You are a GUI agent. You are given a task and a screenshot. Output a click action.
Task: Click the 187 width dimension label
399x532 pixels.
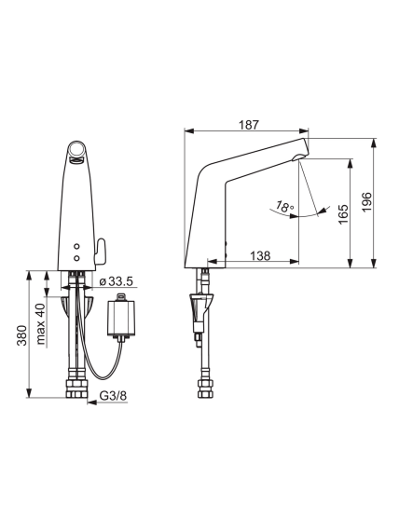pyautogui.click(x=249, y=125)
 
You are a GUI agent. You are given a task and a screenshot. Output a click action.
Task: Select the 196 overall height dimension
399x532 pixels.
pyautogui.click(x=366, y=202)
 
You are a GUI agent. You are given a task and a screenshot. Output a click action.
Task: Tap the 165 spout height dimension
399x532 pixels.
pyautogui.click(x=343, y=213)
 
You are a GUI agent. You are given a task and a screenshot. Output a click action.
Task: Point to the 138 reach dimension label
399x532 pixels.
pyautogui.click(x=260, y=255)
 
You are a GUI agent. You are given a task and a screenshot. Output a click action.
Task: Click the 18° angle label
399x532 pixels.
pyautogui.click(x=284, y=206)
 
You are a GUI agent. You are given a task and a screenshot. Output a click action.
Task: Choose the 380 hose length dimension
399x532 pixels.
pyautogui.click(x=22, y=335)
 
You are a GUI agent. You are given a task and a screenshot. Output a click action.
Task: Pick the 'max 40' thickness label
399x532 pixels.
pyautogui.click(x=40, y=323)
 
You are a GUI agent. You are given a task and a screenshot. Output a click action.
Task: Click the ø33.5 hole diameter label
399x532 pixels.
pyautogui.click(x=117, y=281)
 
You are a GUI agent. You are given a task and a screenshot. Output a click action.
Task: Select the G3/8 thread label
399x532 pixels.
pyautogui.click(x=113, y=396)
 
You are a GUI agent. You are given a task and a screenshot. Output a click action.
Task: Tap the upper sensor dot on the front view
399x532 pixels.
pyautogui.click(x=76, y=246)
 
